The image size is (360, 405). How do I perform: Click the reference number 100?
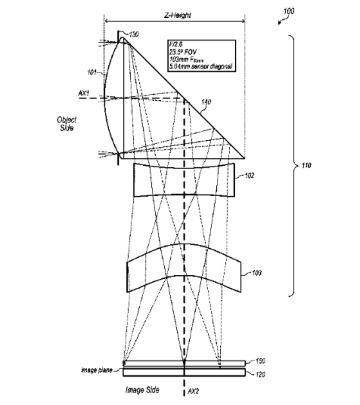pos(288,11)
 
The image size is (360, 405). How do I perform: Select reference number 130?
pos(134,35)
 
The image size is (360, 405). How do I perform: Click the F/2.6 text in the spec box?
pos(176,45)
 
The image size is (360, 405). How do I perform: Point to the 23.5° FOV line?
pos(184,52)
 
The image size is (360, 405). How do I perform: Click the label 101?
pos(92,71)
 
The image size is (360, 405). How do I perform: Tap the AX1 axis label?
pos(84,93)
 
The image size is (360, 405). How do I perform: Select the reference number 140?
pos(206,102)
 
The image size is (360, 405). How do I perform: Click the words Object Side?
pos(67,124)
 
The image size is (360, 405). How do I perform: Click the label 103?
pos(257,273)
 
